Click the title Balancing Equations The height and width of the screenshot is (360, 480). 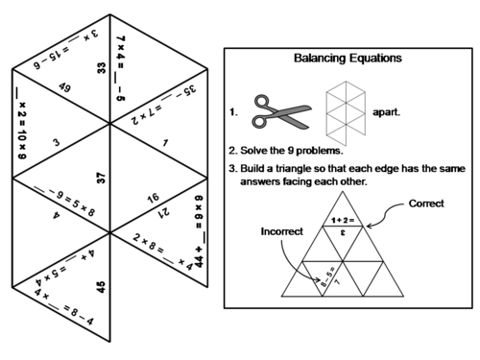(x=348, y=59)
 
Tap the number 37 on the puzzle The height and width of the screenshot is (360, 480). (x=101, y=178)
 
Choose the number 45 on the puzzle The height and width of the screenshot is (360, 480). (x=101, y=285)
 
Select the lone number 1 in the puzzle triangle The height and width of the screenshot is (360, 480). (x=166, y=144)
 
